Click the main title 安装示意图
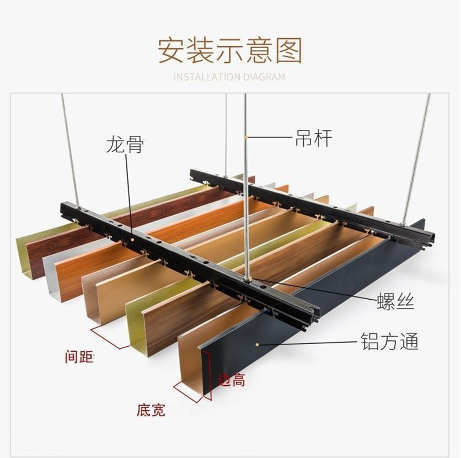230,51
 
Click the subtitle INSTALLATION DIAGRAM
229,77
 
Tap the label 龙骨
125,144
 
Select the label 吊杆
313,138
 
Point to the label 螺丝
395,301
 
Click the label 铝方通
389,341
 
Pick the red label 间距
79,357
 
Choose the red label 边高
231,380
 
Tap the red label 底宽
151,410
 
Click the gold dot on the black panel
257,344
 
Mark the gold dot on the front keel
132,240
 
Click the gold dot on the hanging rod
246,137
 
